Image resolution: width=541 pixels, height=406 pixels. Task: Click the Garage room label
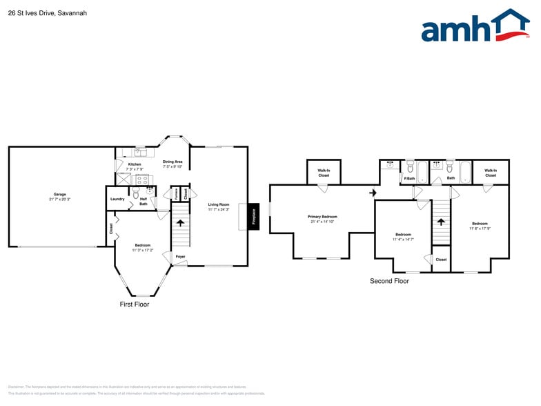(x=59, y=194)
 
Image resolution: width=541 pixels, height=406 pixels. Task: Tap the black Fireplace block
(x=253, y=217)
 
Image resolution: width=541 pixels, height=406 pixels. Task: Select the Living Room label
(x=218, y=204)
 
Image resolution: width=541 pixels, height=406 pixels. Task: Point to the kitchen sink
(x=140, y=151)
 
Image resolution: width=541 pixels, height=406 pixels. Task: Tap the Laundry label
(x=117, y=199)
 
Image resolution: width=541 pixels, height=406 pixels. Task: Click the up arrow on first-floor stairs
(x=180, y=222)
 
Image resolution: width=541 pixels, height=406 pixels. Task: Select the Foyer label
(x=180, y=257)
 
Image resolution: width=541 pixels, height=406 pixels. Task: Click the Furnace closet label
(x=175, y=193)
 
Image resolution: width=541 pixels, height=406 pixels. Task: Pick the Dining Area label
(x=173, y=162)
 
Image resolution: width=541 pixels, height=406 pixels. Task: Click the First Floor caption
(x=134, y=304)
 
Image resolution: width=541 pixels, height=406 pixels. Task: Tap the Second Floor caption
(x=389, y=281)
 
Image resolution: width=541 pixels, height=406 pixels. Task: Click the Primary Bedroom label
(x=322, y=217)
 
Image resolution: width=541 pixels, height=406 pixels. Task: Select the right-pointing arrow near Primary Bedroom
(x=373, y=193)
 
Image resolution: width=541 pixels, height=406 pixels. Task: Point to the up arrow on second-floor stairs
(x=440, y=221)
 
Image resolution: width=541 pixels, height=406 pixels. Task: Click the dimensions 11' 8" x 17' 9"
(x=480, y=228)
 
